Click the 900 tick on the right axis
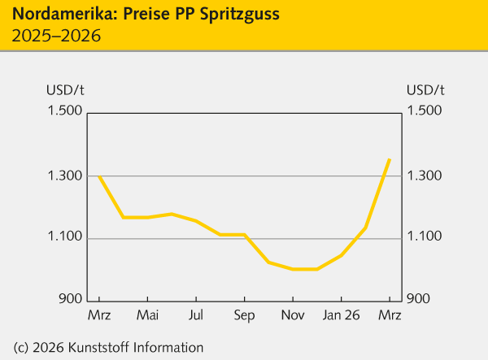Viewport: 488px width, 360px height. point(419,298)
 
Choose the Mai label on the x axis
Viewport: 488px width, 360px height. point(147,314)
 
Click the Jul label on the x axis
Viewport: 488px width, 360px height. point(196,314)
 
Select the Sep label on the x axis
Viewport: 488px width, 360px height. point(244,314)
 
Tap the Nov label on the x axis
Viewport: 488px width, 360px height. point(293,314)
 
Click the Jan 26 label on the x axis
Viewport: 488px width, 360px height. point(341,314)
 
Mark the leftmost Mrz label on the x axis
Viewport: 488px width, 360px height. point(99,314)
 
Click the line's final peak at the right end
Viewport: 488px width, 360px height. point(390,159)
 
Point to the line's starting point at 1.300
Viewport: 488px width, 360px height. point(99,176)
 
